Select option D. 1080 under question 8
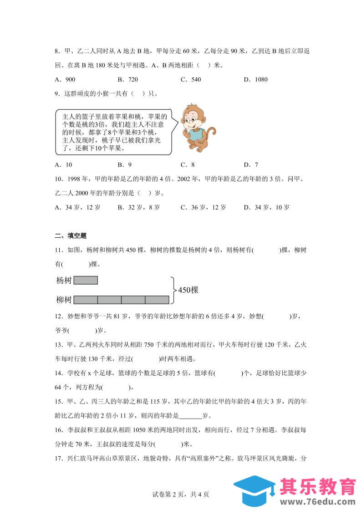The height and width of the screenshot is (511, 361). pyautogui.click(x=255, y=79)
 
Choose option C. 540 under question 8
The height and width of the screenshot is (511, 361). pyautogui.click(x=190, y=79)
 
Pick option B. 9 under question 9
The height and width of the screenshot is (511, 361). pyautogui.click(x=124, y=165)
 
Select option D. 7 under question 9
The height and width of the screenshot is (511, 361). pyautogui.click(x=251, y=165)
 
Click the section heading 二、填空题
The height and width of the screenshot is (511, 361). pyautogui.click(x=71, y=235)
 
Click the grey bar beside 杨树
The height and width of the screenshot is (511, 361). pyautogui.click(x=86, y=280)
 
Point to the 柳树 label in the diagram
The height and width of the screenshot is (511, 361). pyautogui.click(x=63, y=299)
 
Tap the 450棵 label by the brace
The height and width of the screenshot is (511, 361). pyautogui.click(x=188, y=290)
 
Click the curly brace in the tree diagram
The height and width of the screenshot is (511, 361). pyautogui.click(x=173, y=290)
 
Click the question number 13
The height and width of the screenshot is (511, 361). pyautogui.click(x=58, y=345)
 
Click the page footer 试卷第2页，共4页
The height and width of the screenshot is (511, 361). pyautogui.click(x=181, y=494)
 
